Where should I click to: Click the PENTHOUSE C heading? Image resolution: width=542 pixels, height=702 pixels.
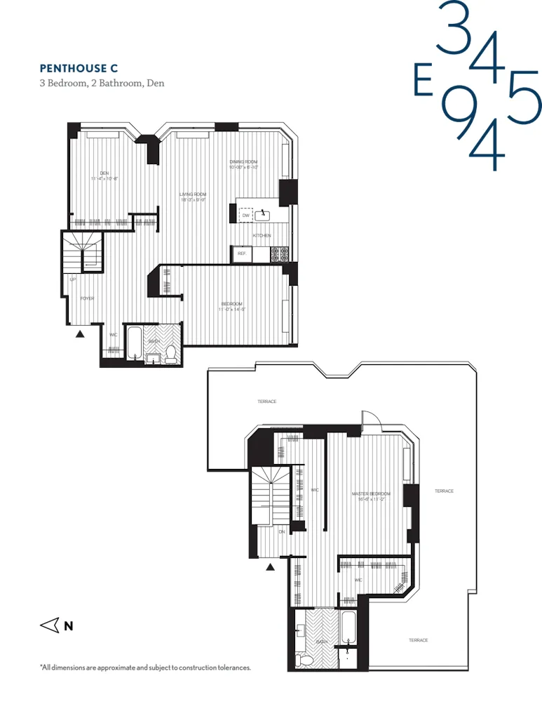coord(79,68)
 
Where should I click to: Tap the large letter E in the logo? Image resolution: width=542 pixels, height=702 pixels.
coord(422,81)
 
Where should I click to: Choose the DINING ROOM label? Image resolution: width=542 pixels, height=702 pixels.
coord(243,162)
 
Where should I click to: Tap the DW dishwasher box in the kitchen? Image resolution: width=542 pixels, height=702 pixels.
coord(245,216)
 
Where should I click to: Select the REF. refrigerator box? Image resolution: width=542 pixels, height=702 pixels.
coord(240,253)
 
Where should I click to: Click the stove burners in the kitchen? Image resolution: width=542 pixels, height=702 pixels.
coord(280,253)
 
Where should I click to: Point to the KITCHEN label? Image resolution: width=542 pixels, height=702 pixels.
coord(262,236)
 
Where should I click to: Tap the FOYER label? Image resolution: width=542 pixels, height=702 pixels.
coord(87,298)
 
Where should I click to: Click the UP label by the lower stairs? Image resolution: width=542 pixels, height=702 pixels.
coord(72,279)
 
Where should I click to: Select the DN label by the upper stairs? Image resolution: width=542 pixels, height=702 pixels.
coord(281,531)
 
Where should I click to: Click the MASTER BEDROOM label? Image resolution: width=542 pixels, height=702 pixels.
coord(371,494)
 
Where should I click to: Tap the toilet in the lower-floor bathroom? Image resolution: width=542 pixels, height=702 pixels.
coord(169,354)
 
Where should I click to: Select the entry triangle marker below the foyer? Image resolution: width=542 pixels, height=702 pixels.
coord(80,333)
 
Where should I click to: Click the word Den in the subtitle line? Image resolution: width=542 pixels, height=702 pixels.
coord(155,83)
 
